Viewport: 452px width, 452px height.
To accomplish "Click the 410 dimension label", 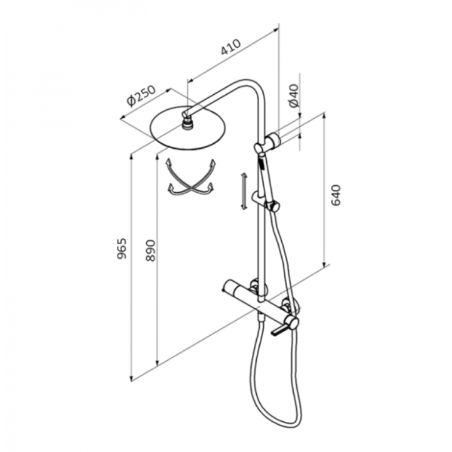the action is [230, 46].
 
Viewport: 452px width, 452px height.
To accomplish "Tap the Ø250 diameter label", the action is [141, 96].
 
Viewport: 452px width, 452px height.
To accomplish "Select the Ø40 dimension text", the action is [294, 96].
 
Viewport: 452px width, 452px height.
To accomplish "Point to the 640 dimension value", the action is [336, 195].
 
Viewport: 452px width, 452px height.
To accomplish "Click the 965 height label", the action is [122, 249].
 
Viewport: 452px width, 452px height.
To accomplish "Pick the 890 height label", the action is [150, 250].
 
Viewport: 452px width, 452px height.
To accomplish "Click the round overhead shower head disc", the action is [188, 128].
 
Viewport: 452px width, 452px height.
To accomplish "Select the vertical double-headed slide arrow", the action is [244, 191].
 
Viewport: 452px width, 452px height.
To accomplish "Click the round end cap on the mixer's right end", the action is [293, 323].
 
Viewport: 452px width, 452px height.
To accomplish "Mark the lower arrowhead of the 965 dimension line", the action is [131, 378].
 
